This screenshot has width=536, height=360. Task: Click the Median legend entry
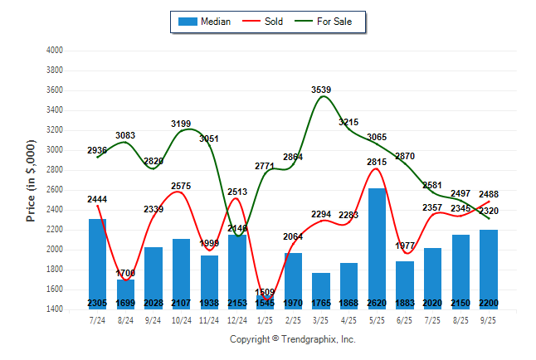click(204, 22)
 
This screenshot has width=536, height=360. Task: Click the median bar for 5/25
click(377, 249)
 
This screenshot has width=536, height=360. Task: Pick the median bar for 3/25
click(321, 290)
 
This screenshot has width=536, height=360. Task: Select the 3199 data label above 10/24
click(181, 124)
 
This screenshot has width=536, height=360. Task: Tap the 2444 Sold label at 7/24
click(97, 199)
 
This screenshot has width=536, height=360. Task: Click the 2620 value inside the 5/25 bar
click(377, 303)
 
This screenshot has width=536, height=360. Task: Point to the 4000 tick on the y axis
click(55, 51)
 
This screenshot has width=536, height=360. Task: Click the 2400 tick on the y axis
click(55, 210)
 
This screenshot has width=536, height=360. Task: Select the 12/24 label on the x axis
click(237, 320)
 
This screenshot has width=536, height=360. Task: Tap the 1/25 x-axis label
click(266, 320)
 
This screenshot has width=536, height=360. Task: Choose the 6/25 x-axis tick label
click(405, 320)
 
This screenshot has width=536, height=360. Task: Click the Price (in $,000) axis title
click(31, 179)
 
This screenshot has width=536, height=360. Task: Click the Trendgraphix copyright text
click(292, 339)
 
